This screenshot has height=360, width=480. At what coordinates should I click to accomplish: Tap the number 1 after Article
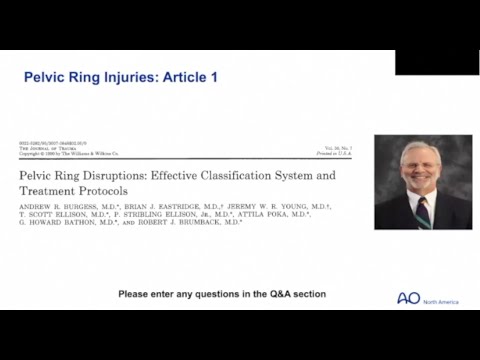[x=213, y=77]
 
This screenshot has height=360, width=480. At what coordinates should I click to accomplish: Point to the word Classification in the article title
[x=244, y=174]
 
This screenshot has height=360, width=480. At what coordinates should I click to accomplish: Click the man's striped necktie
[x=423, y=211]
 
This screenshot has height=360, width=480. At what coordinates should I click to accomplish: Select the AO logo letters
[x=408, y=299]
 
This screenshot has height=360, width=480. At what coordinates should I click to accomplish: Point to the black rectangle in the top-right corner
[x=436, y=61]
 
